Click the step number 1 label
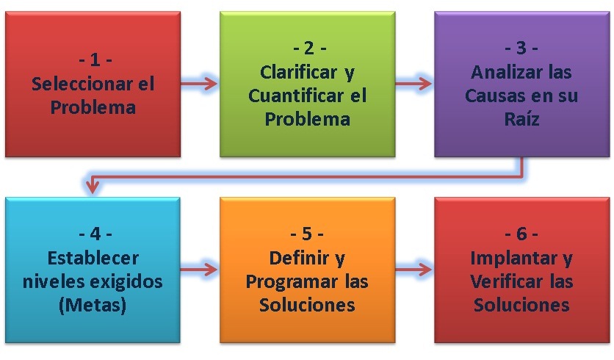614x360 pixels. click(x=93, y=60)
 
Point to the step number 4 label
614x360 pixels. click(x=93, y=234)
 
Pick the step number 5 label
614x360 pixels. click(x=307, y=234)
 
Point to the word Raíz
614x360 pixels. click(x=521, y=119)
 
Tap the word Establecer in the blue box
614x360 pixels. click(x=93, y=258)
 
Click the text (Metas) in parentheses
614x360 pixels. click(x=93, y=305)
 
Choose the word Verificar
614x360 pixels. click(x=501, y=281)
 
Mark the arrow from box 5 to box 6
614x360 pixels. click(x=413, y=269)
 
